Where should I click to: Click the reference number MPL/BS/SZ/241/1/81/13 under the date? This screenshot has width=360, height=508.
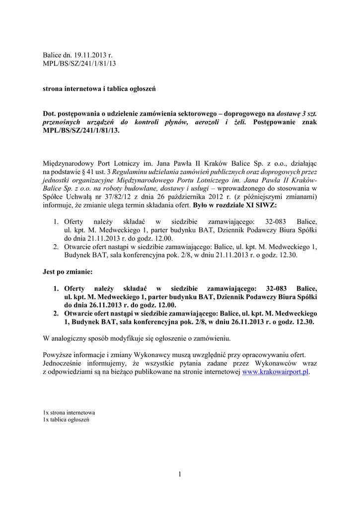pyautogui.click(x=80, y=64)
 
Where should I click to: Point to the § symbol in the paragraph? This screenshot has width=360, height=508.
pyautogui.click(x=82, y=171)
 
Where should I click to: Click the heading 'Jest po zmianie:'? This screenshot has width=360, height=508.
pyautogui.click(x=68, y=272)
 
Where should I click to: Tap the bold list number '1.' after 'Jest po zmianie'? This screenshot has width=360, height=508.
pyautogui.click(x=56, y=288)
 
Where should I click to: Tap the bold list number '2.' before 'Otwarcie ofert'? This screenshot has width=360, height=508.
pyautogui.click(x=56, y=314)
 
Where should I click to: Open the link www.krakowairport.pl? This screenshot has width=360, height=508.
pyautogui.click(x=275, y=372)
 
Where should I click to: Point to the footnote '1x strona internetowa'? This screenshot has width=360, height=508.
pyautogui.click(x=70, y=412)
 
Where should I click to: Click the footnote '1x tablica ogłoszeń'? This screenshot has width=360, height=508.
pyautogui.click(x=66, y=420)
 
